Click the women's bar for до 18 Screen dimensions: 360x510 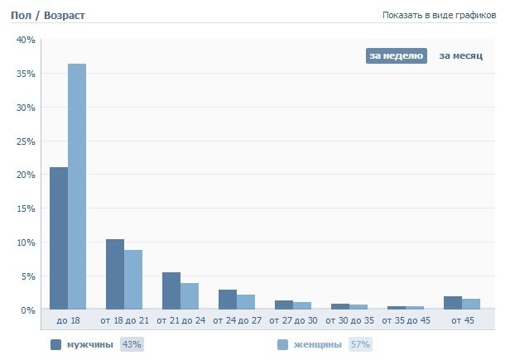point(77,186)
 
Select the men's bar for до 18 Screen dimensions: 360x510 point(59,238)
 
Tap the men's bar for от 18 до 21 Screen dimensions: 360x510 point(115,274)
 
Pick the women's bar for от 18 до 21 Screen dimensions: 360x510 point(133,280)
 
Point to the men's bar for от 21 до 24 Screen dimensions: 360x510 point(171,290)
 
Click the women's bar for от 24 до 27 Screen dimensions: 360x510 point(246,302)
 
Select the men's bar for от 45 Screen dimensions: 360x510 point(453,303)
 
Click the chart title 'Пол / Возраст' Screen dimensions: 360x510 point(47,16)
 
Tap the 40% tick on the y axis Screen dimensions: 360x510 point(26,40)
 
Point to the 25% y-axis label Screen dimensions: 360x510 point(26,142)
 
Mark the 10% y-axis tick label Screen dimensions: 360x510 point(26,242)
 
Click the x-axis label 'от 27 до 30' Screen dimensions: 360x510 point(293,319)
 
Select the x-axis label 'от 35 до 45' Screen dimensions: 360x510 point(406,319)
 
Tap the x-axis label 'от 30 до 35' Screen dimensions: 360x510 point(349,319)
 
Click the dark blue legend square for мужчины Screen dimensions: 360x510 point(56,344)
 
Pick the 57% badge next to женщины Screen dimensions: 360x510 point(359,344)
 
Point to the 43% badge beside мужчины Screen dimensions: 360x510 point(132,344)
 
